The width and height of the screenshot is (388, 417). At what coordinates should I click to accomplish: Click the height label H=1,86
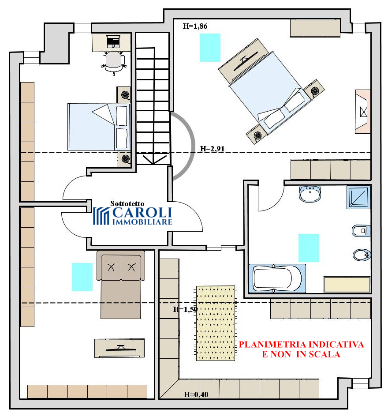pos(195,26)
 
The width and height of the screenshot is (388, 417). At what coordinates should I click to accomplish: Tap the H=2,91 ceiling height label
pos(212,149)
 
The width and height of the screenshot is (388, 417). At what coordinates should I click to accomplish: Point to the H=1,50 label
pos(185,309)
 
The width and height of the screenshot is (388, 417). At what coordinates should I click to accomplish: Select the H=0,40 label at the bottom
pos(196,394)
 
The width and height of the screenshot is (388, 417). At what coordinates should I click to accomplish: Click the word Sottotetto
pos(127,204)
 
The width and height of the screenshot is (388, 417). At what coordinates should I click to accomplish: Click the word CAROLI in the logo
pos(142,213)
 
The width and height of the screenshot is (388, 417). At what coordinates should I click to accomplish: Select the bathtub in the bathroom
pos(277,278)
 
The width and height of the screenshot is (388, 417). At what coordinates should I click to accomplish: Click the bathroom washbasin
pos(310,194)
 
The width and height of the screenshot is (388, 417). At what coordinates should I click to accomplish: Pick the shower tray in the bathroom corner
pos(358,197)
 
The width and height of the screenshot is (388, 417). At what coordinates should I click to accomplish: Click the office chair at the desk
pos(114,63)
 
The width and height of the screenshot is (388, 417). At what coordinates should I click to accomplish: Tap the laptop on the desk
pos(113,41)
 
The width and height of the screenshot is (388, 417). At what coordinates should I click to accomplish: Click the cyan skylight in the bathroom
pos(309,248)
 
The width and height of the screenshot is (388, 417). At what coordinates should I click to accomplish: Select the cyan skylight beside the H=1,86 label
pos(210,48)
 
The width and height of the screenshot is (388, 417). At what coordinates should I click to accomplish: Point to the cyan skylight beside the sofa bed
pos(82,277)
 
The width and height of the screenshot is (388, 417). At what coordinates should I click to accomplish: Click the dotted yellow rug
pos(216,323)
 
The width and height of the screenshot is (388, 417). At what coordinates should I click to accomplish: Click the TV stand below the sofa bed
pos(119,348)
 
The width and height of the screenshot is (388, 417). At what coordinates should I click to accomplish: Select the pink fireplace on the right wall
pos(363,112)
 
